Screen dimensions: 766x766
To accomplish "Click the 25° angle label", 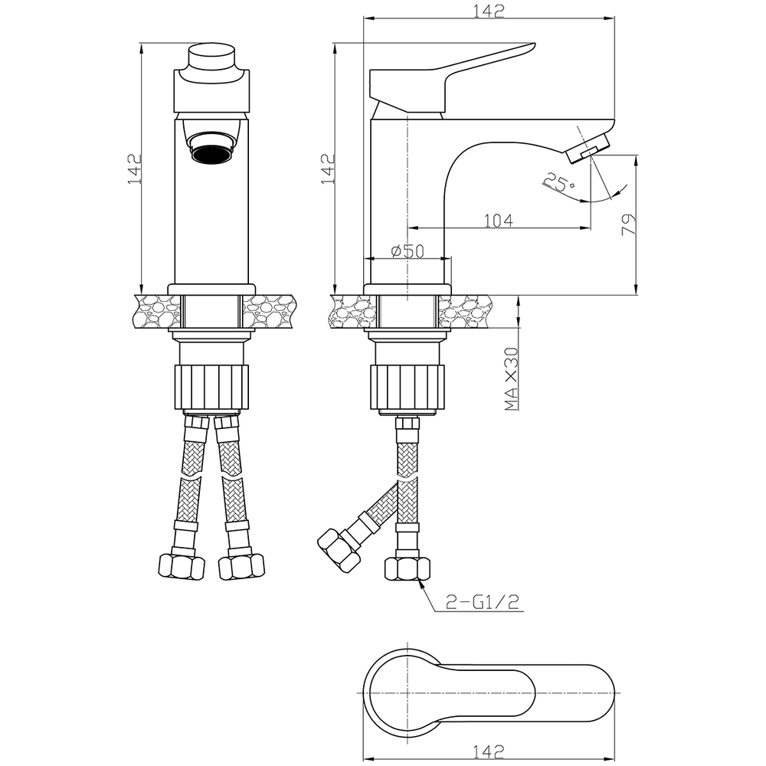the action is click(x=558, y=182).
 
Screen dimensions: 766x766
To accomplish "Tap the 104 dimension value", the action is click(x=499, y=221).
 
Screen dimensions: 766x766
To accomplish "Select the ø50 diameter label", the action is click(x=408, y=251).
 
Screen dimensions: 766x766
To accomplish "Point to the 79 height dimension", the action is click(x=629, y=224).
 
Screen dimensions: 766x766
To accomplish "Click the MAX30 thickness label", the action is click(x=511, y=378).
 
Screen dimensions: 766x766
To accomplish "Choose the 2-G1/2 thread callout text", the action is click(x=483, y=602).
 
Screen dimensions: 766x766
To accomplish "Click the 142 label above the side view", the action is click(x=489, y=11).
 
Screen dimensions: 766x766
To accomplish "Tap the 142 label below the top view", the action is click(x=489, y=751).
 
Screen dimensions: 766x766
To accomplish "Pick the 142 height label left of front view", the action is click(x=134, y=169).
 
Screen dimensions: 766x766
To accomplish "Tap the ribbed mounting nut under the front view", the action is click(x=211, y=387).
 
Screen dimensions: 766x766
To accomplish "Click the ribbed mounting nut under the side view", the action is click(x=408, y=387).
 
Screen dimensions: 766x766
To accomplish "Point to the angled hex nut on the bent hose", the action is click(x=339, y=551).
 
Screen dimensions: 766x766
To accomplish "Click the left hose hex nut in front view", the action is click(x=182, y=567).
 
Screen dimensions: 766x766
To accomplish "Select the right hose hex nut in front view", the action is click(x=241, y=567).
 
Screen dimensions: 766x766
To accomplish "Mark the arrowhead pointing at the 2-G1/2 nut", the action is click(x=421, y=582).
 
